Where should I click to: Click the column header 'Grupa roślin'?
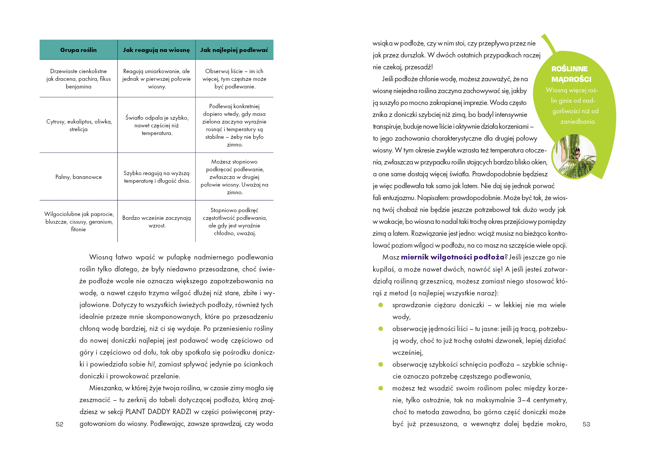tap(78, 50)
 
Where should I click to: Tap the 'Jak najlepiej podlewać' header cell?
tap(234, 50)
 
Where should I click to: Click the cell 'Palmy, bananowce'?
tap(78, 177)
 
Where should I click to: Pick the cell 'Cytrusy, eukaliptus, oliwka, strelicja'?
tap(79, 125)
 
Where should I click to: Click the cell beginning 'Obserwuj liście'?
tap(234, 79)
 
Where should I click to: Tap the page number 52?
tap(59, 424)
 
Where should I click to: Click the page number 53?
tap(586, 424)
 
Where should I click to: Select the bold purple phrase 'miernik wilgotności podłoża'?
tap(452, 257)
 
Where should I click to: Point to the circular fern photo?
tap(574, 156)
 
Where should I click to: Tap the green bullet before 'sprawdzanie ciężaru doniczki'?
tap(380, 305)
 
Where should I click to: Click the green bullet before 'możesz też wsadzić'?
tap(380, 388)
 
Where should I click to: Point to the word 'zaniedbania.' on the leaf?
tap(578, 122)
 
